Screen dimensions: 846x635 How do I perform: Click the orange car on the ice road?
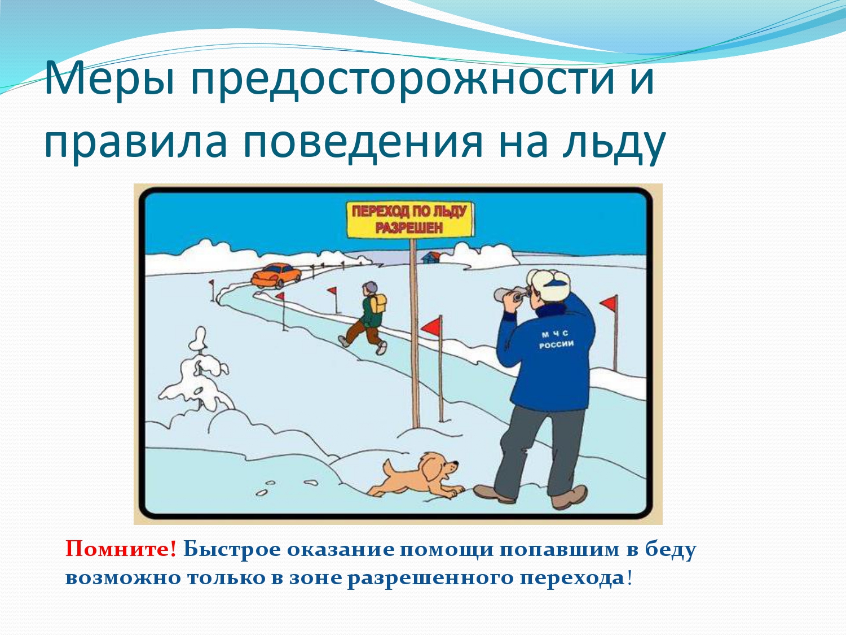pyautogui.click(x=276, y=275)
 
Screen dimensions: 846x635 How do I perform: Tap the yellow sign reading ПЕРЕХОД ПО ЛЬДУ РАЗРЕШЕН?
pyautogui.click(x=409, y=220)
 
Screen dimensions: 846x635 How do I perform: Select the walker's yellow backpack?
pyautogui.click(x=378, y=304)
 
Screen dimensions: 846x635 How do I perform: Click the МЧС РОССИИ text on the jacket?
pyautogui.click(x=556, y=339)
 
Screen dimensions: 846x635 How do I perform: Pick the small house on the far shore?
pyautogui.click(x=431, y=257)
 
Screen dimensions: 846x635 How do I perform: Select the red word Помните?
pyautogui.click(x=121, y=549)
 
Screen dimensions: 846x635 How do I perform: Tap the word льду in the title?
pyautogui.click(x=614, y=143)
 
